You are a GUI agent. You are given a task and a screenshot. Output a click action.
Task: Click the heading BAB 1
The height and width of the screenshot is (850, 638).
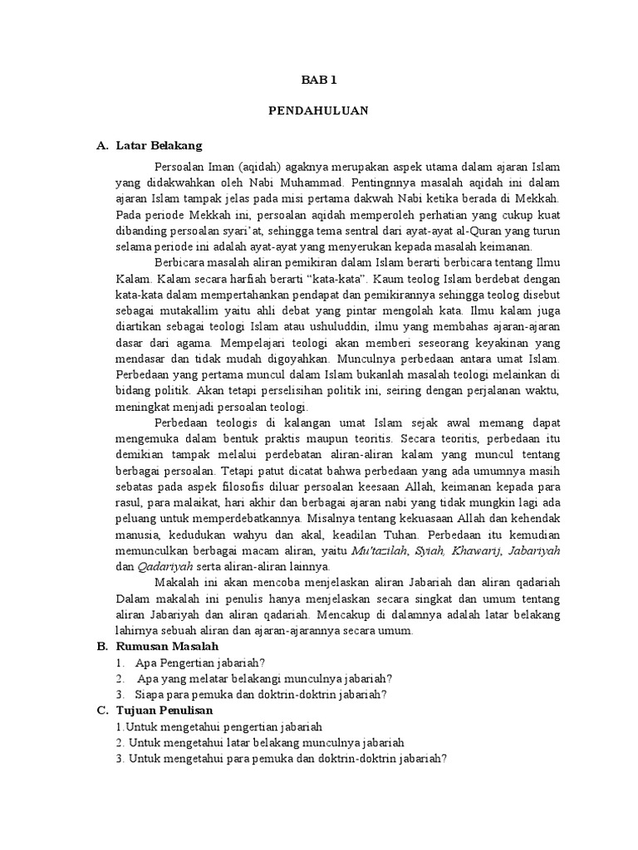318,81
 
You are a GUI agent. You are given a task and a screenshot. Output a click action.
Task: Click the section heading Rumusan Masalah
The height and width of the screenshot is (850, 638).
167,646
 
